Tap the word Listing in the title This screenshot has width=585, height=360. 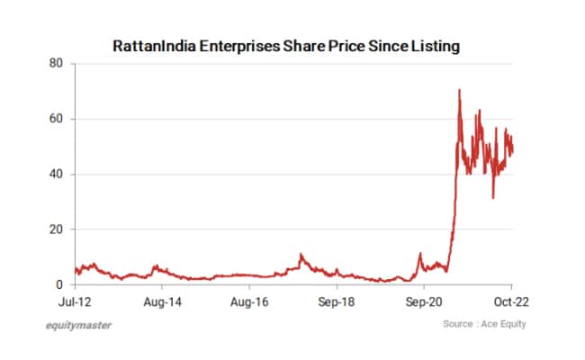[x=434, y=45]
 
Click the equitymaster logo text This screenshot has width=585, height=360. [x=79, y=325]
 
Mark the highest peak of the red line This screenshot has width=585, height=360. [x=459, y=89]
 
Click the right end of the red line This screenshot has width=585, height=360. [x=513, y=148]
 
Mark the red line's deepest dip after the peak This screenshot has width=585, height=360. [x=492, y=198]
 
